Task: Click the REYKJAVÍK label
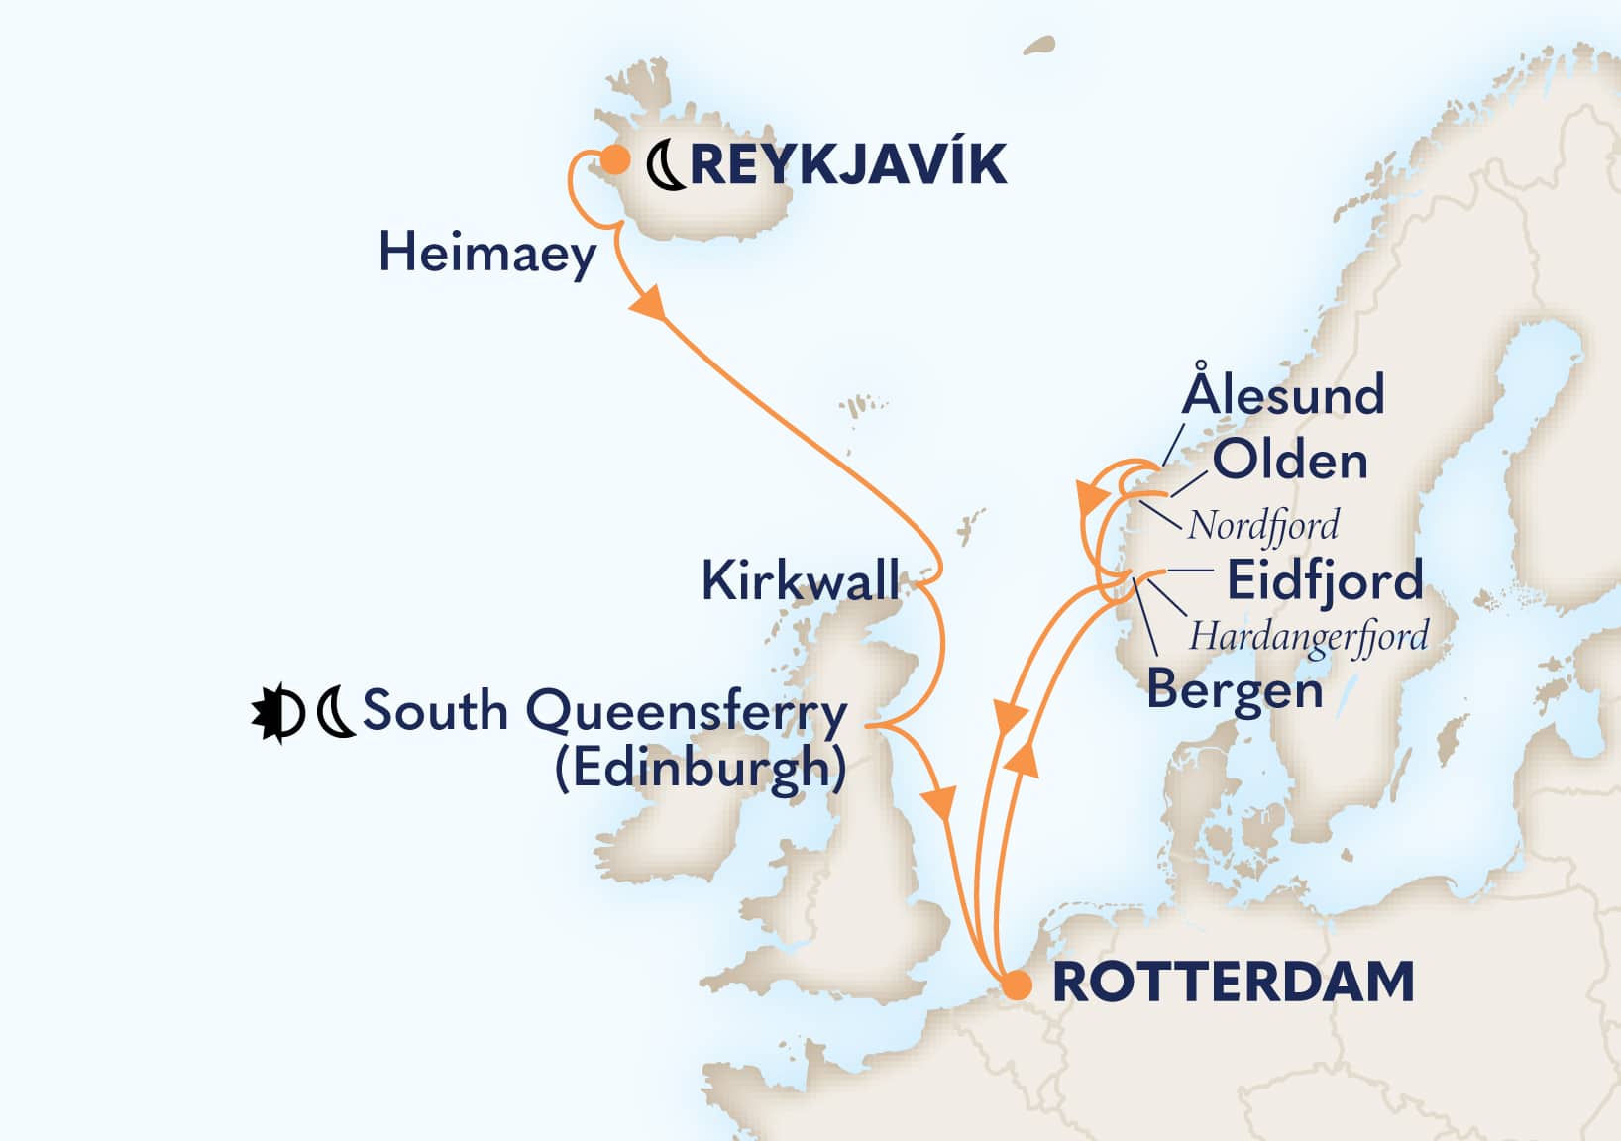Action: click(848, 164)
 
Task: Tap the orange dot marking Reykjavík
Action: click(615, 159)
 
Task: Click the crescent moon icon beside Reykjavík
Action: click(666, 165)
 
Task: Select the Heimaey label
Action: click(487, 254)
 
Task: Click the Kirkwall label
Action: click(800, 580)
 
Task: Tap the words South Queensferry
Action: click(604, 711)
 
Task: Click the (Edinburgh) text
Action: click(700, 768)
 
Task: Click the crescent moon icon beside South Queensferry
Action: click(336, 712)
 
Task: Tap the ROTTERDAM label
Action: click(1233, 983)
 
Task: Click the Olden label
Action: click(1289, 461)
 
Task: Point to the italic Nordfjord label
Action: click(1263, 526)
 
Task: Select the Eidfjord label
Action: click(1324, 580)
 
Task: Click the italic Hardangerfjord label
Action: click(1308, 637)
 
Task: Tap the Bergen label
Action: click(1235, 690)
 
